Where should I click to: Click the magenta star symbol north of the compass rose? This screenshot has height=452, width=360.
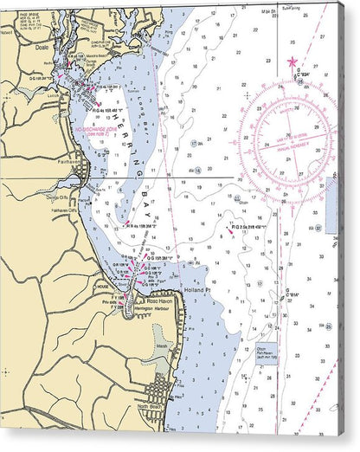click(292, 61)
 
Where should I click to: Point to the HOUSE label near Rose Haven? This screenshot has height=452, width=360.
click(102, 284)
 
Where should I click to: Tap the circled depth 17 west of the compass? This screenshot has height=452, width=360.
click(193, 143)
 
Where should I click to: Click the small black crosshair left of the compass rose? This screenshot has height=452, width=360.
click(247, 96)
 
